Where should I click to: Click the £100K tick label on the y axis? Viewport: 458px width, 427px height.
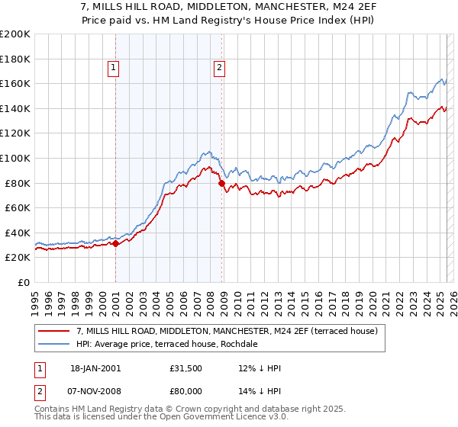(15, 158)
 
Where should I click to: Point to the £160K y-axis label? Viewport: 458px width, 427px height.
(15, 83)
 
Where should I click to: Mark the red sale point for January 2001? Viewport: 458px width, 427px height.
(115, 244)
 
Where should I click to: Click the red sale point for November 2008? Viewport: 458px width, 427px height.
(221, 183)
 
